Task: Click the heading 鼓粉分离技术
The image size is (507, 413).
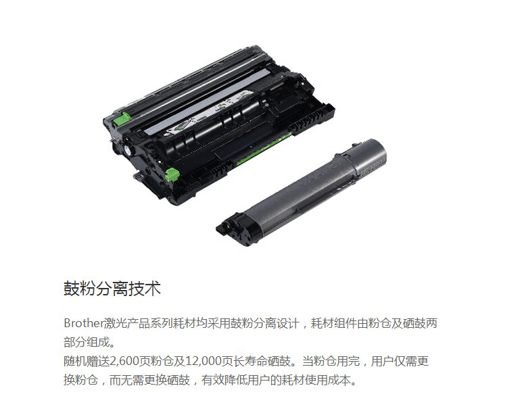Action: coord(112,289)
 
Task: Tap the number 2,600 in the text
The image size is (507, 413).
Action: coord(124,362)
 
